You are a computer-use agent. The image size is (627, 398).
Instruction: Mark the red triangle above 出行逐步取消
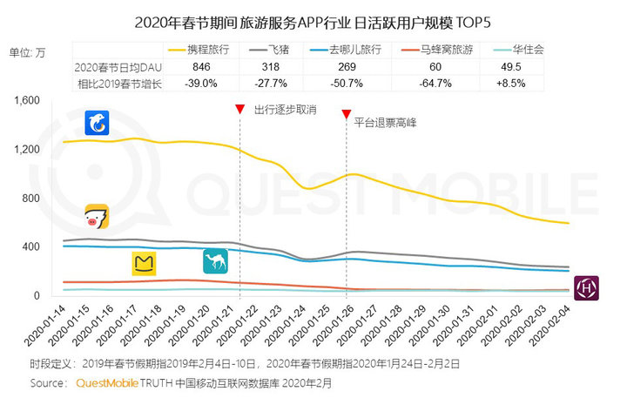[239, 109]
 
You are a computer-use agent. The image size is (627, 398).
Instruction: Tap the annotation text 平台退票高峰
[386, 123]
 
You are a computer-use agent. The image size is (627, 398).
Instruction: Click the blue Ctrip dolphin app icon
[96, 124]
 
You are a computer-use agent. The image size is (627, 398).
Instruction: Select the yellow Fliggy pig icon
[98, 216]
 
